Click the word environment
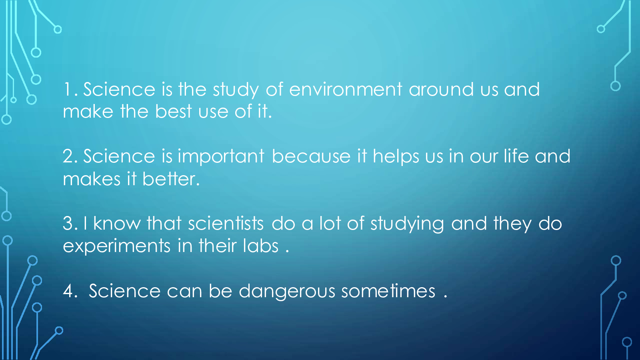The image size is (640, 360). [346, 90]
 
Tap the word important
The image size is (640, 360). [221, 157]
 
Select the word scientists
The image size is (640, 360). [226, 223]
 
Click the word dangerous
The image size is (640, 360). [287, 292]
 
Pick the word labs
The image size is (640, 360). [260, 246]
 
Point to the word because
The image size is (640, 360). [311, 156]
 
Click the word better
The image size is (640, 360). [171, 179]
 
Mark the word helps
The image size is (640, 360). [396, 157]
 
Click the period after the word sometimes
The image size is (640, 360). [446, 297]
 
